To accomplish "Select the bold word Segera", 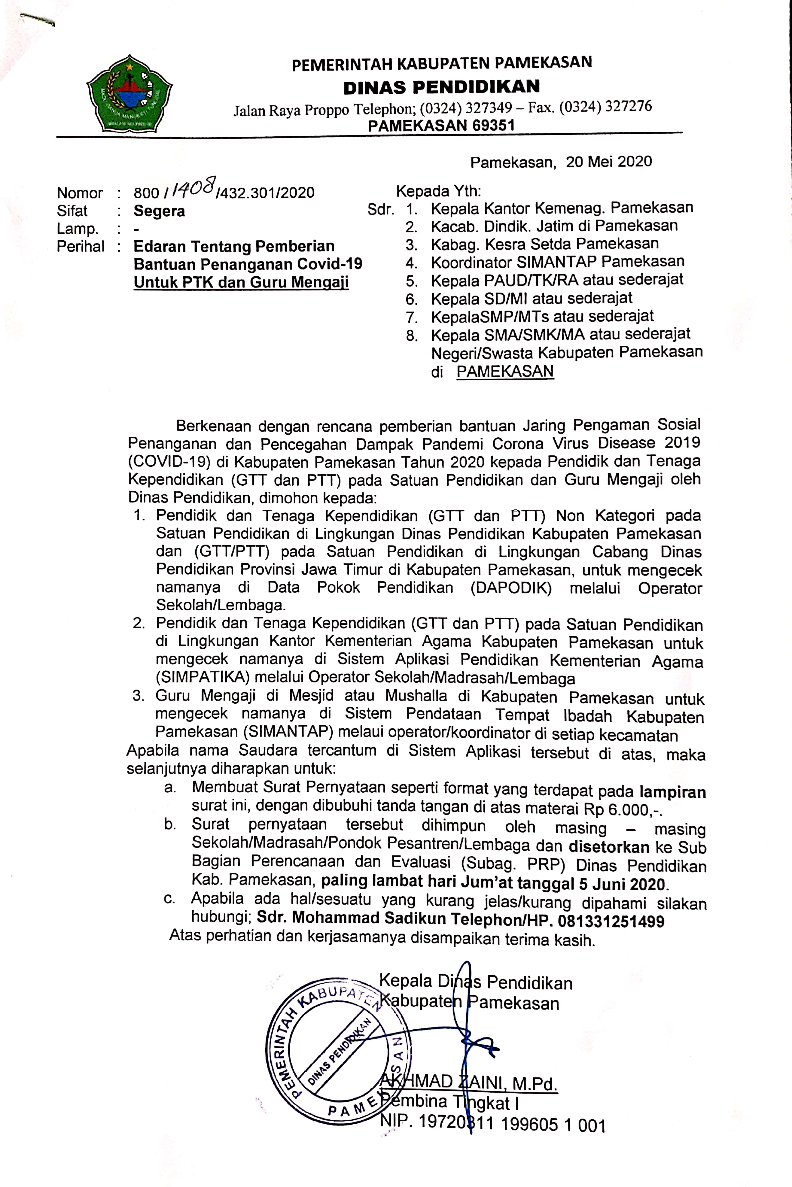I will [x=159, y=211].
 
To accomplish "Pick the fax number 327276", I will [x=628, y=107].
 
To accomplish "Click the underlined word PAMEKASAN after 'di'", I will [x=505, y=372].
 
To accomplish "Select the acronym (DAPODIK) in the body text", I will [x=511, y=588].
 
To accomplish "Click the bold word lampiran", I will [x=672, y=792].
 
